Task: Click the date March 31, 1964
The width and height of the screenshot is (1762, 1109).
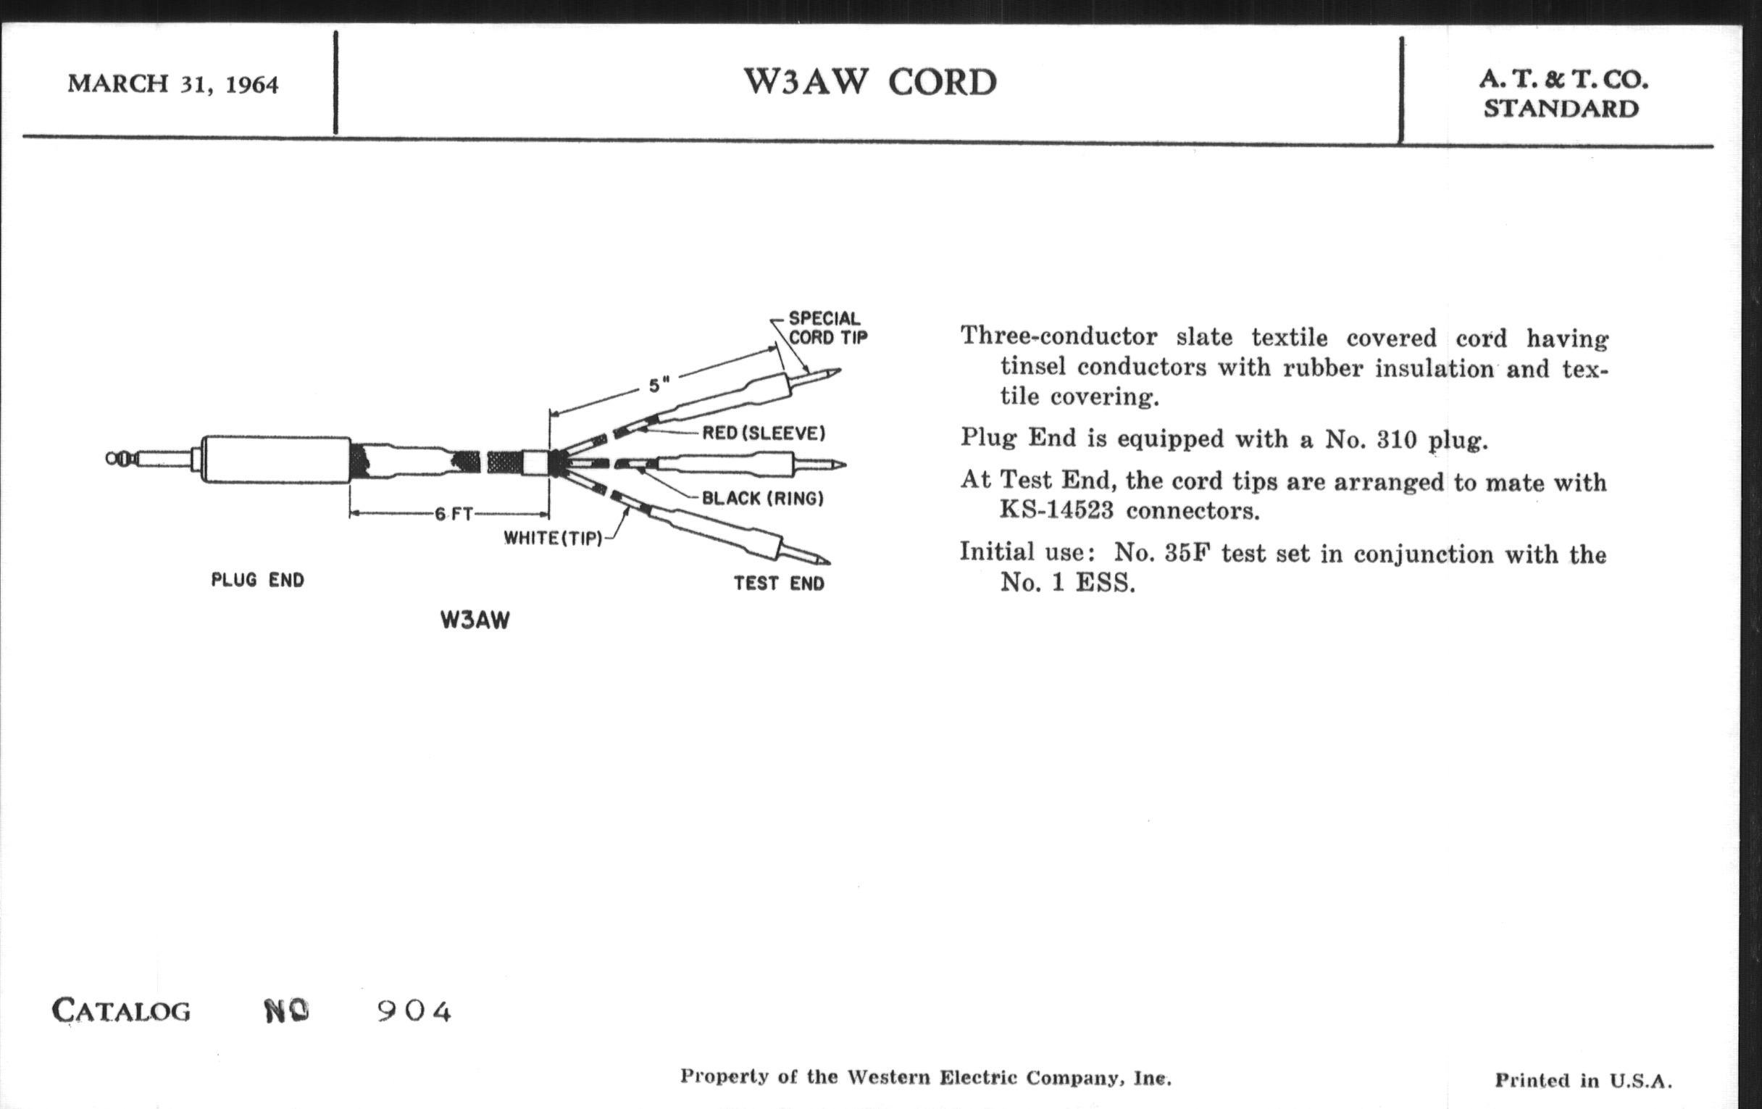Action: tap(172, 84)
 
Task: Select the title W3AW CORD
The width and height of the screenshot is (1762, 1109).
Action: tap(870, 82)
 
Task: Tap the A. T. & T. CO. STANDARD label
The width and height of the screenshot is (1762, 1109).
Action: tap(1563, 94)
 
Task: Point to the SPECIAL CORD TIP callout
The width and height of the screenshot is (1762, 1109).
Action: tap(827, 328)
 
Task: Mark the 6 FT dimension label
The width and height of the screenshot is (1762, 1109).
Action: tap(454, 514)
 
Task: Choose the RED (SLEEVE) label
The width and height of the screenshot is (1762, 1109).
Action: tap(763, 433)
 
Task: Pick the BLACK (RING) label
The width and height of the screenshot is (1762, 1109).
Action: tap(762, 499)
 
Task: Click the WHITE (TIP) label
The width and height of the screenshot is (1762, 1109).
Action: tap(553, 538)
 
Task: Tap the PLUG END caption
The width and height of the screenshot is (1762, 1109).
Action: tap(258, 581)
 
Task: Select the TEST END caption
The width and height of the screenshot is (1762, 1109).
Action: tap(780, 583)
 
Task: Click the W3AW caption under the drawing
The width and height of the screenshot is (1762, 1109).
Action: tap(475, 620)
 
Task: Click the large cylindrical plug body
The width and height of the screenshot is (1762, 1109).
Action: tap(276, 459)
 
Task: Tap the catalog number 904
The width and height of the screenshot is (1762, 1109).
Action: tap(414, 1012)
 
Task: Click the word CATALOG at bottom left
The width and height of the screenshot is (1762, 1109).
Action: tap(122, 1012)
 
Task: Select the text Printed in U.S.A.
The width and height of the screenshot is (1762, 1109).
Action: tap(1583, 1081)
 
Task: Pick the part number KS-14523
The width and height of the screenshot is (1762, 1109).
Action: tap(1056, 510)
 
